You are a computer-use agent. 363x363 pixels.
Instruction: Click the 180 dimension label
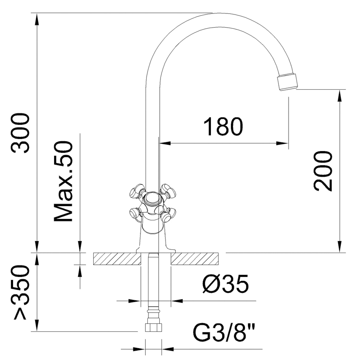click(x=223, y=126)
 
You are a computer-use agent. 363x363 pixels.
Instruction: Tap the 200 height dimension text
click(x=323, y=171)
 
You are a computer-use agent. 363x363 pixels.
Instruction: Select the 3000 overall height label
click(x=20, y=133)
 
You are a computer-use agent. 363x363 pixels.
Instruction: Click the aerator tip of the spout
click(x=288, y=83)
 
